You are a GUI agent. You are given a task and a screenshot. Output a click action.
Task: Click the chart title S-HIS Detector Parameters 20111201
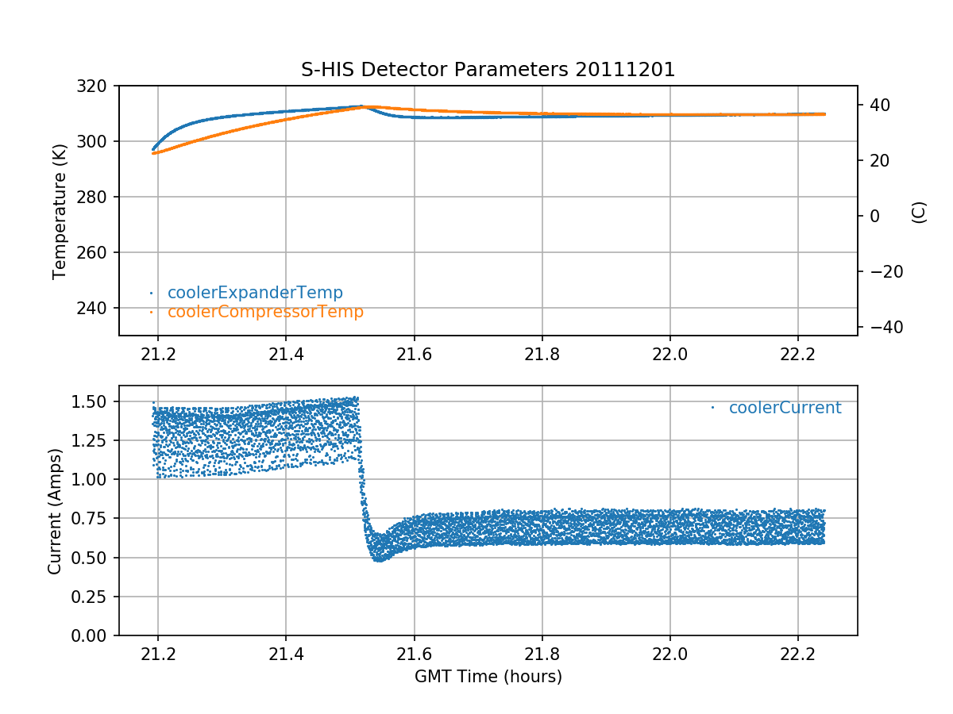pyautogui.click(x=488, y=70)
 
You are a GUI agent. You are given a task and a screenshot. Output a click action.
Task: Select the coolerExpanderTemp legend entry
pyautogui.click(x=254, y=293)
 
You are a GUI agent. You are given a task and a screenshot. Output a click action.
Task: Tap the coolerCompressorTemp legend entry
pyautogui.click(x=264, y=312)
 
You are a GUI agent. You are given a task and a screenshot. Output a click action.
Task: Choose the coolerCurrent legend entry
pyautogui.click(x=785, y=408)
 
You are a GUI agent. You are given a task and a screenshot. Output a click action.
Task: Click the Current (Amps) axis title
pyautogui.click(x=54, y=510)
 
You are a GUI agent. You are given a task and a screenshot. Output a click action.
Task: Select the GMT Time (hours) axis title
pyautogui.click(x=488, y=677)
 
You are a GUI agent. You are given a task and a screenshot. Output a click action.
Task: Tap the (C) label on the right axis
pyautogui.click(x=919, y=212)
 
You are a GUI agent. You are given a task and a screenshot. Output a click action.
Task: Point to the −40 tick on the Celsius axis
pyautogui.click(x=882, y=327)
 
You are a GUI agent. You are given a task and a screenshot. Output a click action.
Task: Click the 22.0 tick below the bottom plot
pyautogui.click(x=669, y=653)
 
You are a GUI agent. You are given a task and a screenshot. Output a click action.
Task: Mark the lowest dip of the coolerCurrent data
pyautogui.click(x=379, y=559)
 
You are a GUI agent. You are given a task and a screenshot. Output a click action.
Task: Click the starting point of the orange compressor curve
pyautogui.click(x=154, y=153)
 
